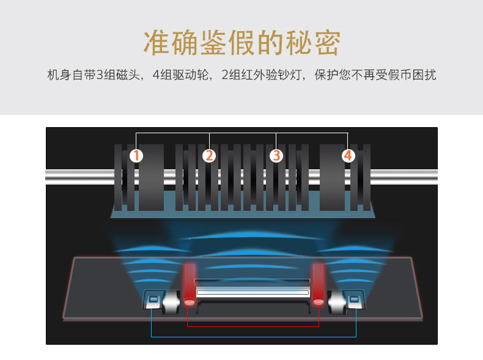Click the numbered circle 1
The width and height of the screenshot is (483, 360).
point(136,156)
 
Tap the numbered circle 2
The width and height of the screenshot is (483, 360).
point(210,156)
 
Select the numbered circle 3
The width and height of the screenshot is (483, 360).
point(276,156)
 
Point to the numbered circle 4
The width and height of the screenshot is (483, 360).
point(348,156)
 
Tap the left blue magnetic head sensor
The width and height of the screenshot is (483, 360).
point(153,299)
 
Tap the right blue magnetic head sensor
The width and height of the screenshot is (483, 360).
point(353,299)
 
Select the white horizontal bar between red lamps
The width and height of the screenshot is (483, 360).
point(253,293)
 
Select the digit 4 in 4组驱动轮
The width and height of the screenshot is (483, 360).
point(156,76)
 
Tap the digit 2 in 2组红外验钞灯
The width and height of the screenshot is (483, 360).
point(225,76)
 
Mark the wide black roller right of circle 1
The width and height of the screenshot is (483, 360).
point(151,177)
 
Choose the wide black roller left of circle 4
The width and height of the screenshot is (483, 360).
point(332,177)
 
